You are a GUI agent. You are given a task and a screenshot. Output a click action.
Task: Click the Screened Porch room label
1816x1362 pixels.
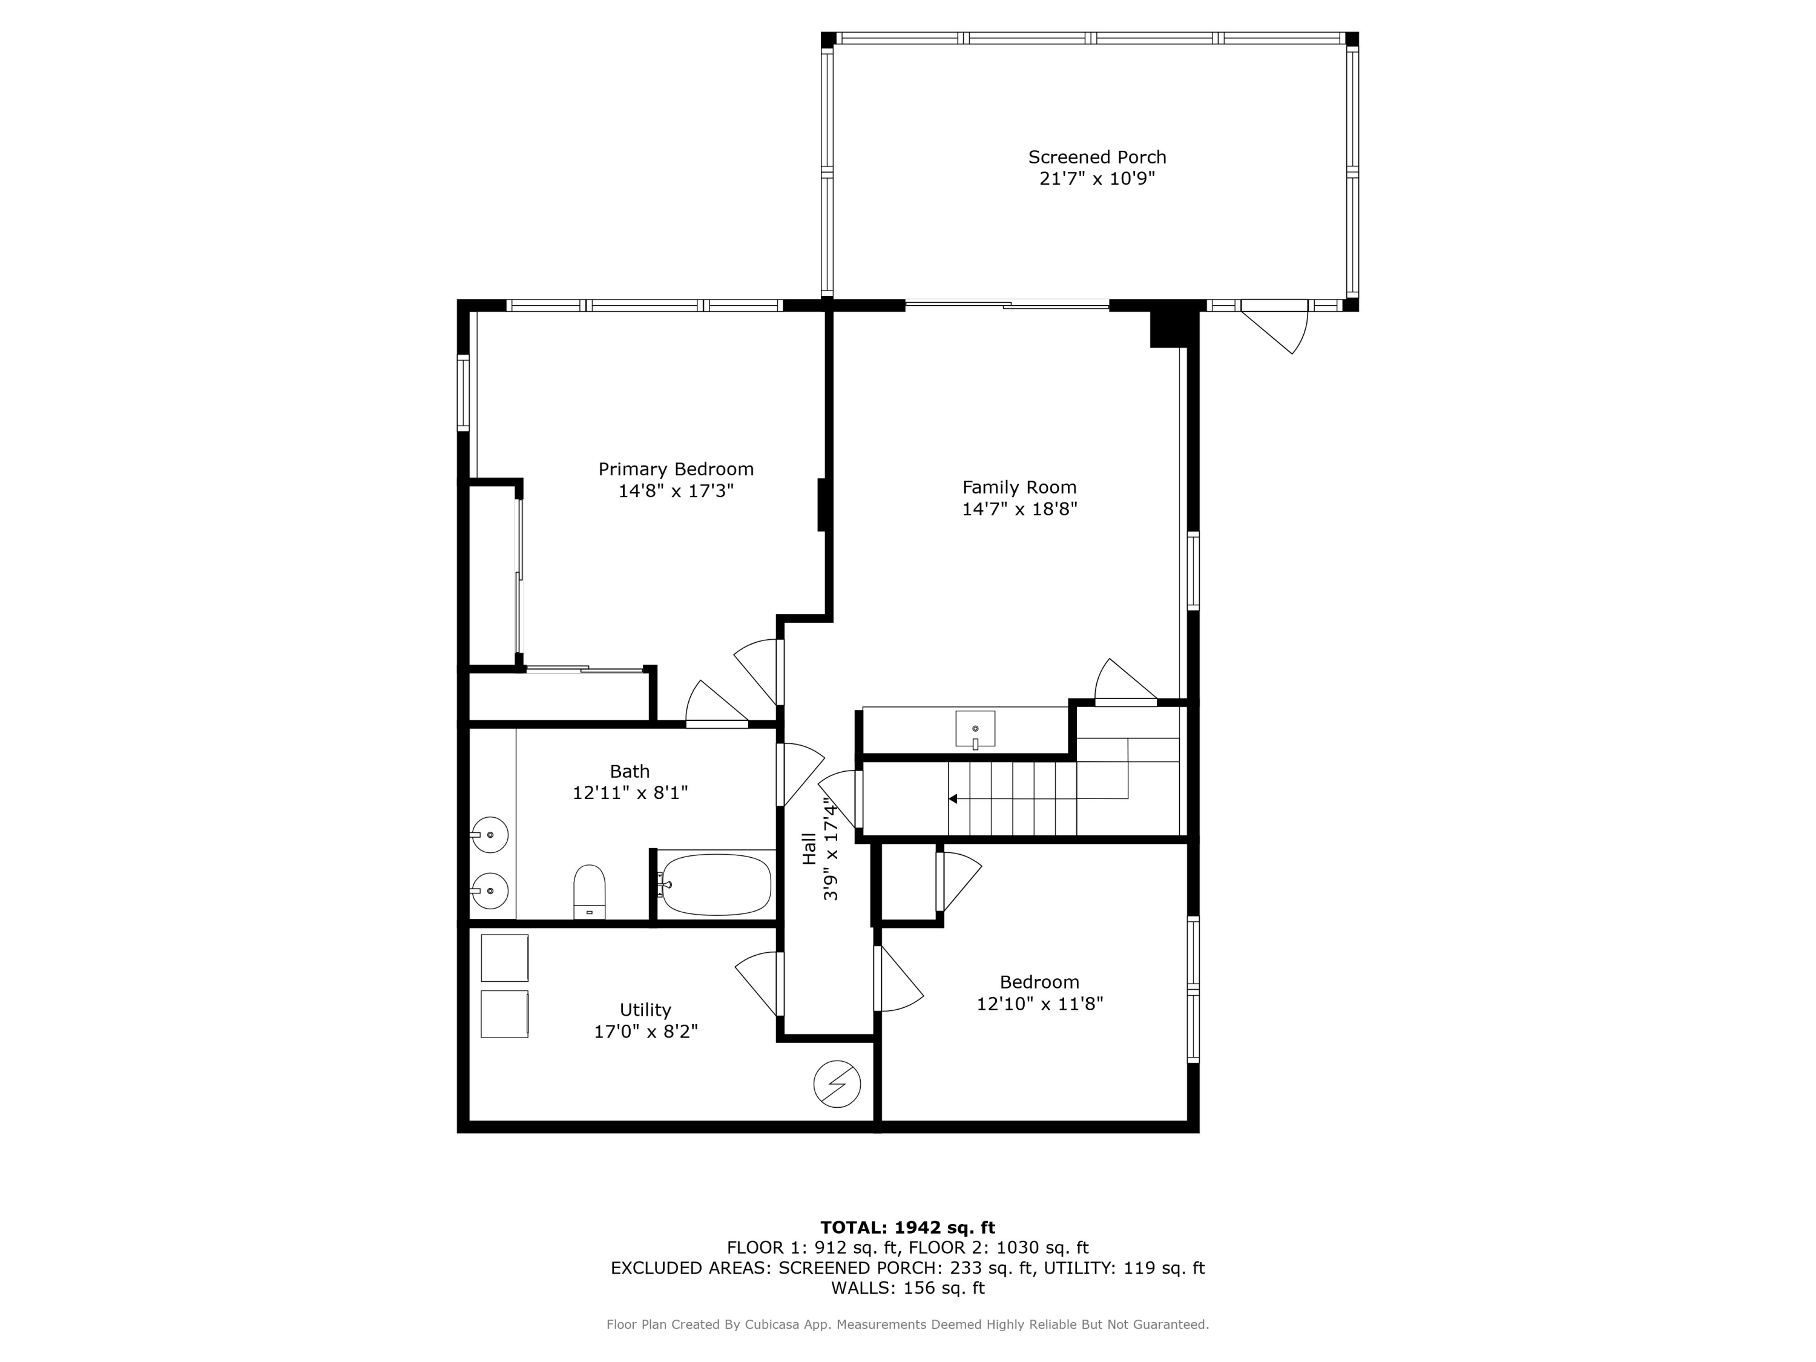1097,157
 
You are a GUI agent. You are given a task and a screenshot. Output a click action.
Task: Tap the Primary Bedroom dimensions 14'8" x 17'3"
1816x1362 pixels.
676,491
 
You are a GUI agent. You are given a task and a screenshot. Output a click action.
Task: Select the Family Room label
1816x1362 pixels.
1019,487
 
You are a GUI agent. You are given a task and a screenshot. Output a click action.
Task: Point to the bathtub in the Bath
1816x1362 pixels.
716,884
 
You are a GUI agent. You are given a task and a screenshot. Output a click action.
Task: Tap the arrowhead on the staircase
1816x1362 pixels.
952,798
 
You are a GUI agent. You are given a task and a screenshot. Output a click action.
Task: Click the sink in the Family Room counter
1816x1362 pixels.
975,729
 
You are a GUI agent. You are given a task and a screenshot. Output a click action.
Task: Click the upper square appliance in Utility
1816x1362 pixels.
504,957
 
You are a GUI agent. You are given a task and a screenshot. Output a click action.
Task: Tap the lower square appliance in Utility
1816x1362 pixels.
504,1014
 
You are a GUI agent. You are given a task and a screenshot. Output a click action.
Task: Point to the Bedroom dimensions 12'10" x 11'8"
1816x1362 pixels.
1039,1003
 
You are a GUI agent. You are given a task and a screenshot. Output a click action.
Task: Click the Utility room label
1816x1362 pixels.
645,1010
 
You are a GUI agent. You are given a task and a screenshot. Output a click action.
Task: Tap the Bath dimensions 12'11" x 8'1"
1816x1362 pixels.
630,793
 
